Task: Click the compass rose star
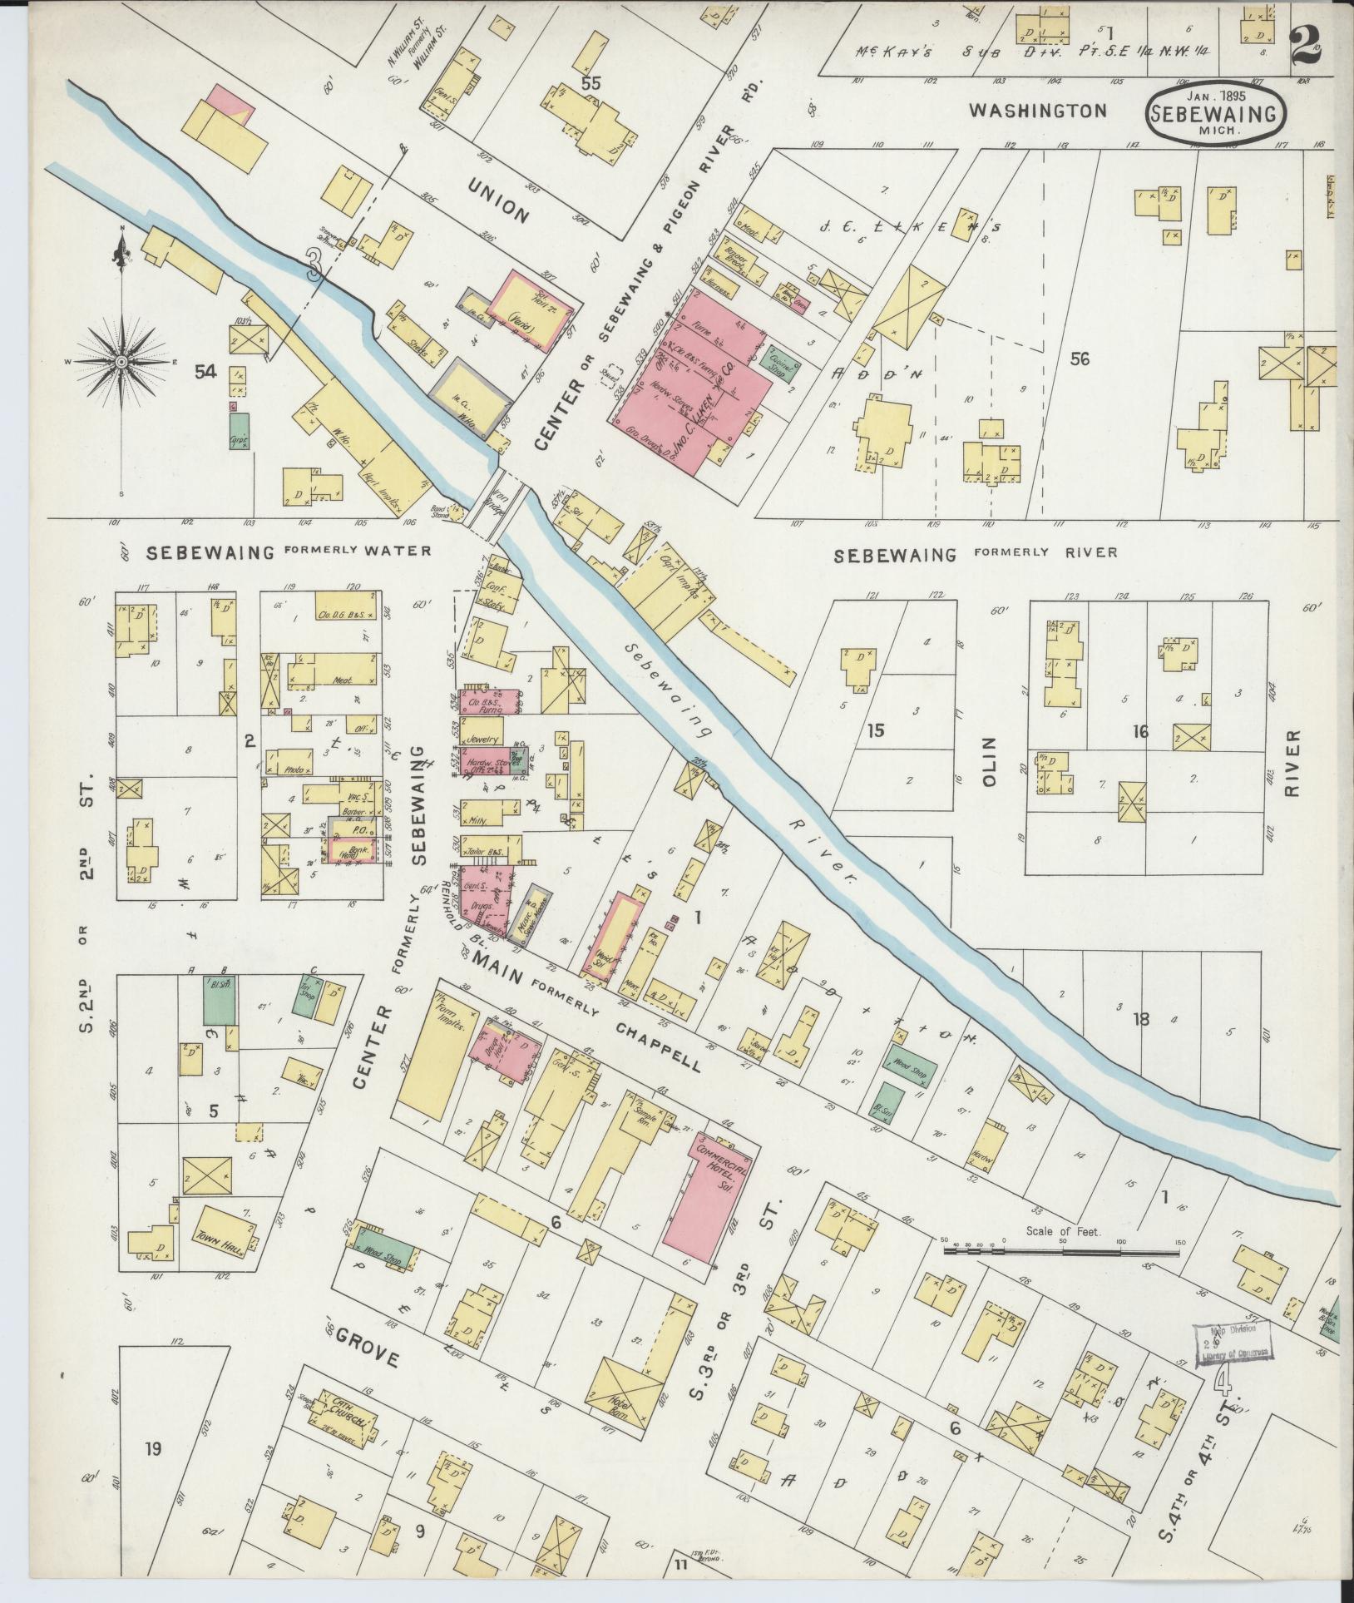pos(121,362)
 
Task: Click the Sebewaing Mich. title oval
pos(1215,114)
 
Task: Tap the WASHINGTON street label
pos(1038,111)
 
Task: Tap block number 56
pos(1080,359)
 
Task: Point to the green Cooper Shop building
pos(777,363)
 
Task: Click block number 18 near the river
pos(1139,1019)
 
